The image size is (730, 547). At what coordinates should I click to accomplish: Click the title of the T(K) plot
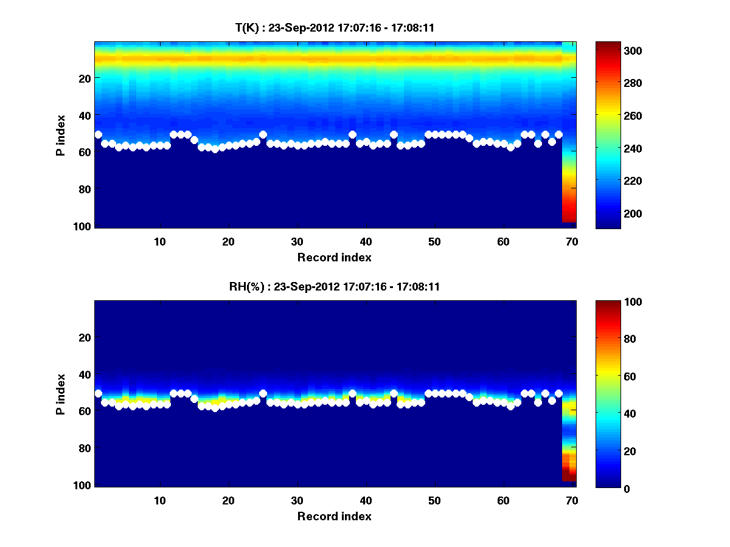pyautogui.click(x=335, y=27)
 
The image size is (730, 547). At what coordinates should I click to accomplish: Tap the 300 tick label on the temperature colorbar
pyautogui.click(x=611, y=50)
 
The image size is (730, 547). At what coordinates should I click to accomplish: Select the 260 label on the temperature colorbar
pyautogui.click(x=611, y=115)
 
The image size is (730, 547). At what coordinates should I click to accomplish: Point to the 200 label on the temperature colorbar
pyautogui.click(x=611, y=213)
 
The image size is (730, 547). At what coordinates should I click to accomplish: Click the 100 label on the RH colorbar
pyautogui.click(x=611, y=302)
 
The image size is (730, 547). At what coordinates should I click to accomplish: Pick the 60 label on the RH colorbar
pyautogui.click(x=609, y=376)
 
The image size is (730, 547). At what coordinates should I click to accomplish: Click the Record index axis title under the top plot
pyautogui.click(x=334, y=257)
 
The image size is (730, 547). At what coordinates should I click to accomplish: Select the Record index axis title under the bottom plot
pyautogui.click(x=334, y=516)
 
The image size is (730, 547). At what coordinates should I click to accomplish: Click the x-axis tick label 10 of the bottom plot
pyautogui.click(x=159, y=500)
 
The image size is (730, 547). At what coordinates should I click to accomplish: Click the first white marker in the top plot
pyautogui.click(x=98, y=134)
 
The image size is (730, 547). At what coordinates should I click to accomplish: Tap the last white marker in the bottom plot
pyautogui.click(x=558, y=393)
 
